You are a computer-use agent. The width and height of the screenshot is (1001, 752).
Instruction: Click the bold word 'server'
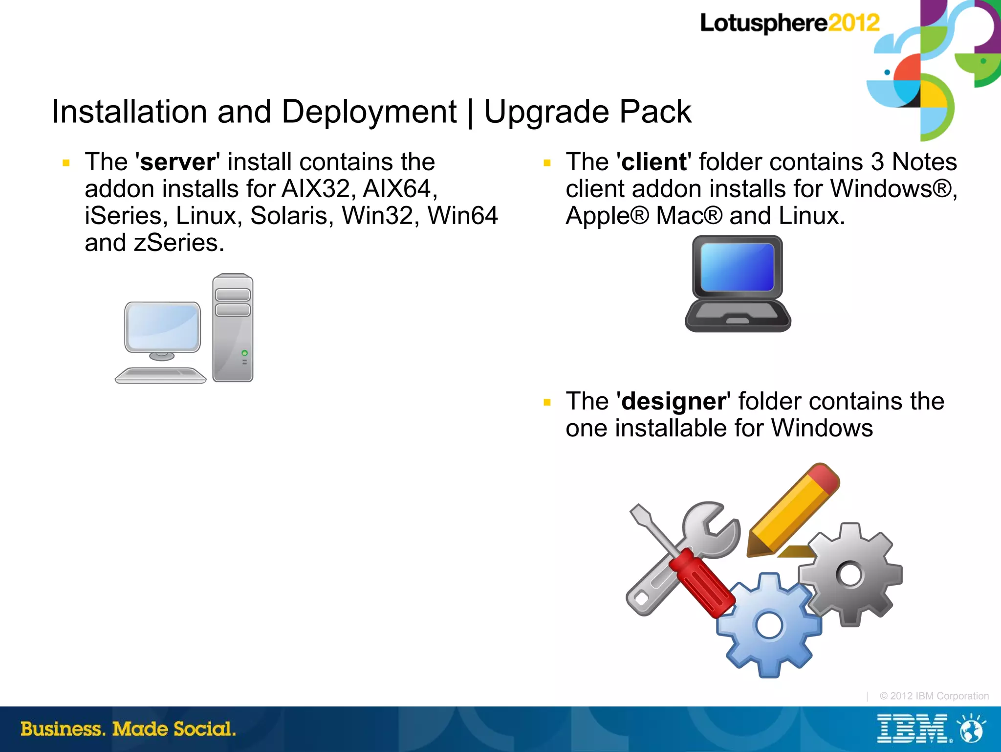pyautogui.click(x=177, y=162)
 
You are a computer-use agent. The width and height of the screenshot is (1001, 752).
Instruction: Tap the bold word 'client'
pyautogui.click(x=654, y=162)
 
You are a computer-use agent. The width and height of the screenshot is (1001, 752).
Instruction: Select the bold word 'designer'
pyautogui.click(x=673, y=402)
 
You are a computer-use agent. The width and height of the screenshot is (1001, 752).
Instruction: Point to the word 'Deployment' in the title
pyautogui.click(x=369, y=112)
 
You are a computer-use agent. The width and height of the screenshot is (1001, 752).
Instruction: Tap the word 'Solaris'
pyautogui.click(x=291, y=216)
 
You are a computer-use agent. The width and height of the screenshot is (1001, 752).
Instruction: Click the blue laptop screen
pyautogui.click(x=737, y=267)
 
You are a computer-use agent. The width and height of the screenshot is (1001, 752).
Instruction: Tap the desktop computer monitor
pyautogui.click(x=162, y=326)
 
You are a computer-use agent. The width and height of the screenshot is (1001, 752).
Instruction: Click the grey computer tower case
pyautogui.click(x=233, y=328)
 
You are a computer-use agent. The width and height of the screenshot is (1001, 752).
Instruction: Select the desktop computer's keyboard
pyautogui.click(x=160, y=375)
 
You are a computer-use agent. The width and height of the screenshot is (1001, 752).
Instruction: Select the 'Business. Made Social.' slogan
pyautogui.click(x=128, y=729)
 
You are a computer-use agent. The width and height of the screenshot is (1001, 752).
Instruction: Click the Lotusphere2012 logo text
pyautogui.click(x=789, y=23)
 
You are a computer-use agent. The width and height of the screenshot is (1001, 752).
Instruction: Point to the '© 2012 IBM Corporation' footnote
pyautogui.click(x=934, y=696)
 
